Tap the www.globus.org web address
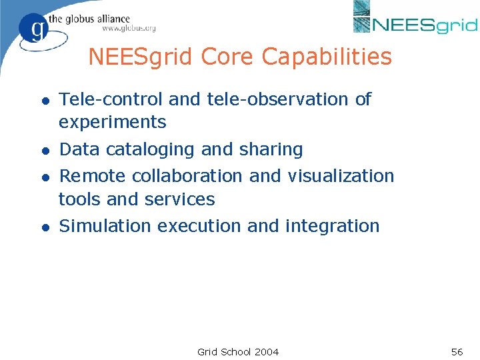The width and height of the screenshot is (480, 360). point(129,29)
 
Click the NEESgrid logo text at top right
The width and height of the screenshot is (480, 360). point(425,25)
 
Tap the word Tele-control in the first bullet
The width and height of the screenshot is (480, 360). point(111,99)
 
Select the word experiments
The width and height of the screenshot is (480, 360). point(112,123)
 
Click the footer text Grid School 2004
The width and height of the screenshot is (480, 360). point(238,351)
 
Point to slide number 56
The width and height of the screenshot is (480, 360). point(457,351)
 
